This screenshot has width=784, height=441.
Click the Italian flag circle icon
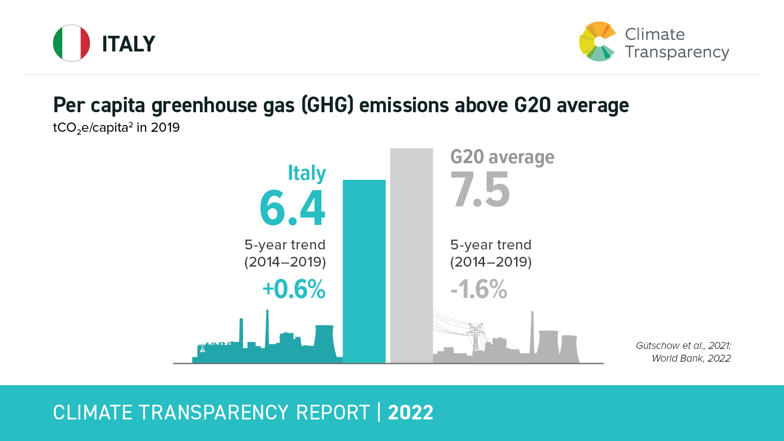point(72,43)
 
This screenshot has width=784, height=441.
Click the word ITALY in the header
point(128,44)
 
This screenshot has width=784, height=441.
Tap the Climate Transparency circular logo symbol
point(597,42)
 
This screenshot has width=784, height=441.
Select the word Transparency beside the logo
point(677,52)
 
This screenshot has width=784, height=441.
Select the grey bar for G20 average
point(412,255)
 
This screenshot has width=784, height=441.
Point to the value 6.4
point(292,209)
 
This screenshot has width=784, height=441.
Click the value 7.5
point(480,190)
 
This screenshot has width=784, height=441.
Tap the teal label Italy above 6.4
point(307,173)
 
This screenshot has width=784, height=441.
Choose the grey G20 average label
point(502,157)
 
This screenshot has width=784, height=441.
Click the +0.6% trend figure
point(294,289)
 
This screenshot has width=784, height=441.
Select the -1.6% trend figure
point(479,289)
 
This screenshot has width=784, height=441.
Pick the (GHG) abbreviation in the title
point(327,105)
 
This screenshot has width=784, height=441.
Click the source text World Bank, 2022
point(691,358)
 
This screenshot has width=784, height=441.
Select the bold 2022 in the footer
point(411,413)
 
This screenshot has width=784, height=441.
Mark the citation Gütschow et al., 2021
point(683,345)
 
